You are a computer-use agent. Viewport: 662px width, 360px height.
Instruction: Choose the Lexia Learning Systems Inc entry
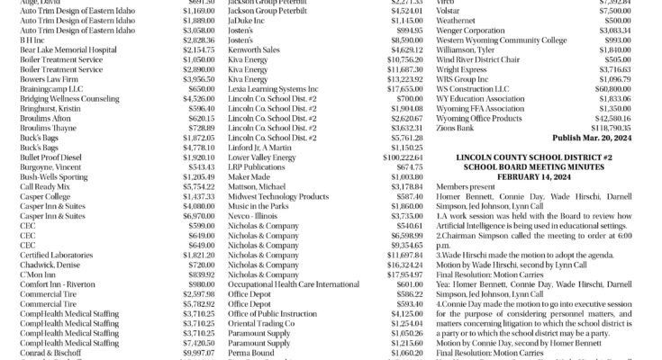[x=273, y=89]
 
